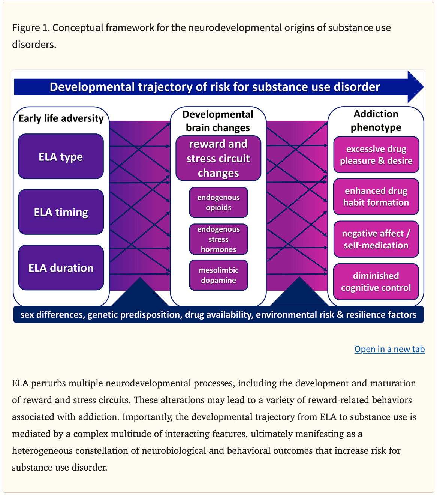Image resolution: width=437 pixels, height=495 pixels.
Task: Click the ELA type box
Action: [x=61, y=156]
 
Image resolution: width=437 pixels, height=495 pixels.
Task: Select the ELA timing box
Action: [x=61, y=212]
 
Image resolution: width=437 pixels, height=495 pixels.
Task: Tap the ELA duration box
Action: [x=61, y=267]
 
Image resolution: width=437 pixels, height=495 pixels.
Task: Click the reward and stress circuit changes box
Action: [x=218, y=159]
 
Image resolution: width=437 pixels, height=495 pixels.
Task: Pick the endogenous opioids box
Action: [x=218, y=202]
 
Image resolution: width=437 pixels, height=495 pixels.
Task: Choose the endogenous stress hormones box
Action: [x=218, y=239]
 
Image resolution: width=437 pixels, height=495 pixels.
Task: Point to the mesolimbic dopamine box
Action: [x=218, y=275]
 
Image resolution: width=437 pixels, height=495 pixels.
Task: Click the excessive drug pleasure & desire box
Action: [x=376, y=155]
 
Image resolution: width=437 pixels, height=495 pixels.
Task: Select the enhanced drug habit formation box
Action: [x=376, y=197]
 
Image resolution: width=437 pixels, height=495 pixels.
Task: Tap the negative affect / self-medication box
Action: [x=376, y=239]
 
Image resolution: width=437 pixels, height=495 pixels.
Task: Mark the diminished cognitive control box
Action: [x=376, y=282]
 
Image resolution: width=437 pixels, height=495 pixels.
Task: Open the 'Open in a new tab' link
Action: [x=389, y=349]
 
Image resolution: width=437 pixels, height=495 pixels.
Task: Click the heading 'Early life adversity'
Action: [x=61, y=118]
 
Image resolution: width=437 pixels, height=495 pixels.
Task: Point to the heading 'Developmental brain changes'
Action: [x=218, y=121]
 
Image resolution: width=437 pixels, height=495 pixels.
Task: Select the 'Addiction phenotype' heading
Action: [x=376, y=120]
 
